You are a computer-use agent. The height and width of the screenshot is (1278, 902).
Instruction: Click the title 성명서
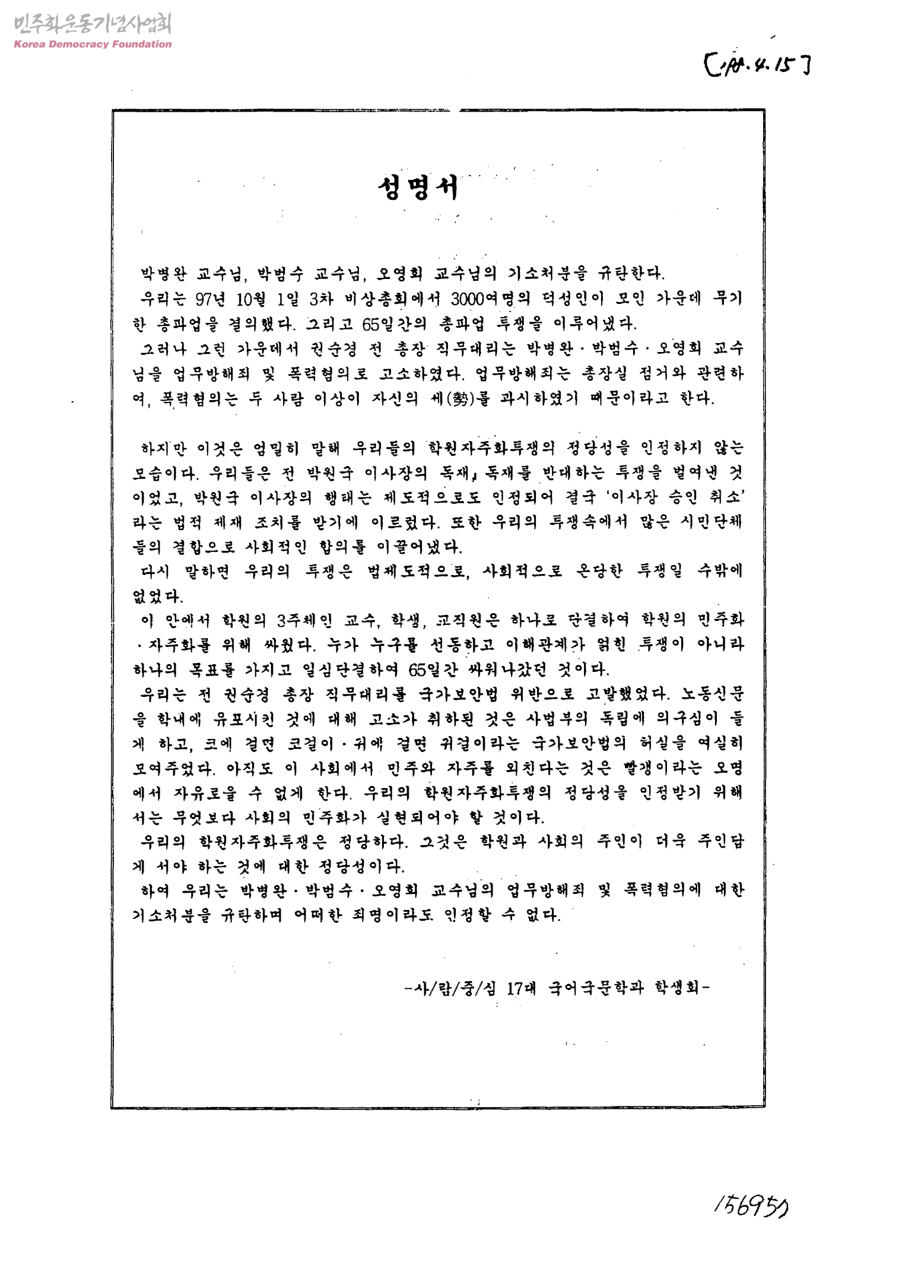click(419, 188)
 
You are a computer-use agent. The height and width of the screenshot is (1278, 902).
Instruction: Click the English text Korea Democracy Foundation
click(92, 45)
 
